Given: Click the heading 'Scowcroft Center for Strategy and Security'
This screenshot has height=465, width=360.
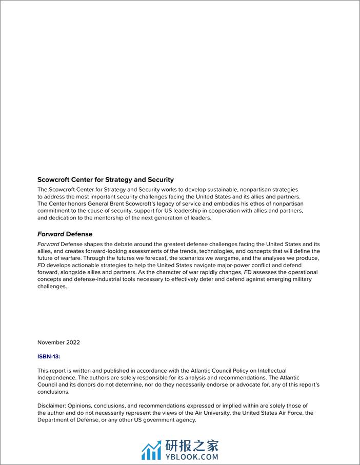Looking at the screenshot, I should click(x=106, y=180).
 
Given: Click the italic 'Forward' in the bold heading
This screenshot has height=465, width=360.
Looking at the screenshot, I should click(x=51, y=234).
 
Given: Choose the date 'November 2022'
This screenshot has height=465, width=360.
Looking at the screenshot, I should click(x=58, y=342).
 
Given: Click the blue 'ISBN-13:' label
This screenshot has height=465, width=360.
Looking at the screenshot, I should click(x=49, y=356).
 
